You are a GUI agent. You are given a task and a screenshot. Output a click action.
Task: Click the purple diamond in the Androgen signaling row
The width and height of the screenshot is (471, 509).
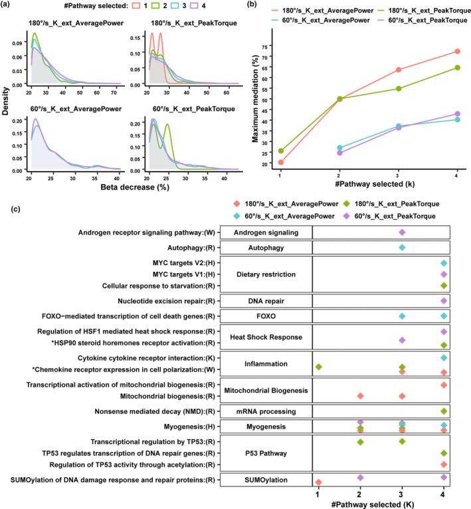point(401,232)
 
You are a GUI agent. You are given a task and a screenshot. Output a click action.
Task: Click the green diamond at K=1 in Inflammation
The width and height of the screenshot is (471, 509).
point(319,367)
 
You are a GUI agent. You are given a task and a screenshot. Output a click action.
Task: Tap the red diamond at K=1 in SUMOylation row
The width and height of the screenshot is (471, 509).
point(319,482)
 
